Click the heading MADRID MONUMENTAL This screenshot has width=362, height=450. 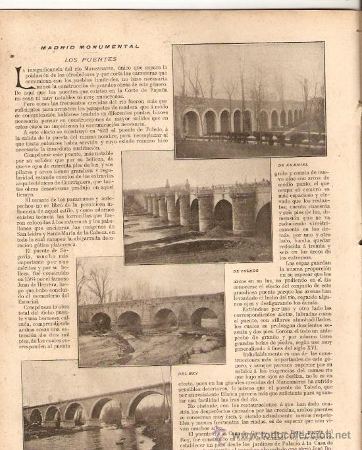90,47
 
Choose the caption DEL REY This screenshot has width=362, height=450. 188,373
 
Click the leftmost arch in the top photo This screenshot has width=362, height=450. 192,123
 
